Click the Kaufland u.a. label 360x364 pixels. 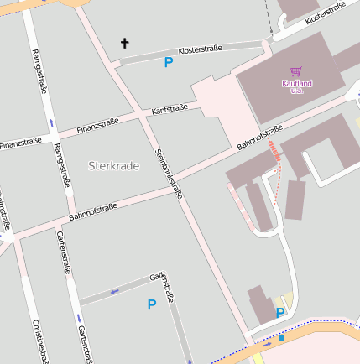(296, 86)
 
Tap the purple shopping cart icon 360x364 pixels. (295, 72)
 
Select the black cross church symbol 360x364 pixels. (126, 43)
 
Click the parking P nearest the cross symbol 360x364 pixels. (169, 62)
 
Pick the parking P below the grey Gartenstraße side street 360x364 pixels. (152, 305)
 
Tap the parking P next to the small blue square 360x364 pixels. (280, 313)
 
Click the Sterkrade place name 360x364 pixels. (113, 166)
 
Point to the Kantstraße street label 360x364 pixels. (170, 109)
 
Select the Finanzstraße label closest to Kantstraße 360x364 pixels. (97, 126)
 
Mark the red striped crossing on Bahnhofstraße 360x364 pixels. (274, 151)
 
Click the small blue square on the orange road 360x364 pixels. (282, 338)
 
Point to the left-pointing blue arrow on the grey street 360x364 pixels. (114, 291)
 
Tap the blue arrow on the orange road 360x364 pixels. (267, 344)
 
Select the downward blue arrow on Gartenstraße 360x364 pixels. (78, 318)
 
